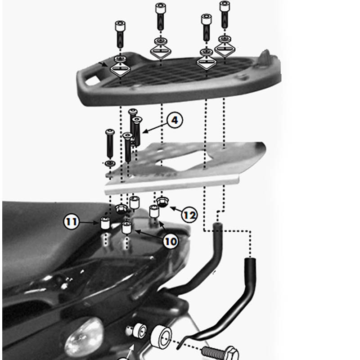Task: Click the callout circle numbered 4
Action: pyautogui.click(x=175, y=120)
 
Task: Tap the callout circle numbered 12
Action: pyautogui.click(x=189, y=215)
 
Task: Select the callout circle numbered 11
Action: pyautogui.click(x=71, y=222)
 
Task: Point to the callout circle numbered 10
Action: pyautogui.click(x=171, y=242)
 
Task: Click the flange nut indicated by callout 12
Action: pyautogui.click(x=162, y=202)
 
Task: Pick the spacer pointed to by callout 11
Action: pyautogui.click(x=105, y=223)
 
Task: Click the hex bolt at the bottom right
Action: pyautogui.click(x=220, y=353)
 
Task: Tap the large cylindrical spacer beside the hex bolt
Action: pyautogui.click(x=161, y=337)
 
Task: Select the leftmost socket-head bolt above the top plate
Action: pyautogui.click(x=120, y=34)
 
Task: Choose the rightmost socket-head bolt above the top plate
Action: pyautogui.click(x=225, y=14)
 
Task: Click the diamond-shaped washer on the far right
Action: pyautogui.click(x=225, y=49)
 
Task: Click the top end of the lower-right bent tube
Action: pyautogui.click(x=250, y=261)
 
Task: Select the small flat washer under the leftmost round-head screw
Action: pyautogui.click(x=110, y=163)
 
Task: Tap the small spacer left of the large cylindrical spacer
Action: pyautogui.click(x=140, y=330)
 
